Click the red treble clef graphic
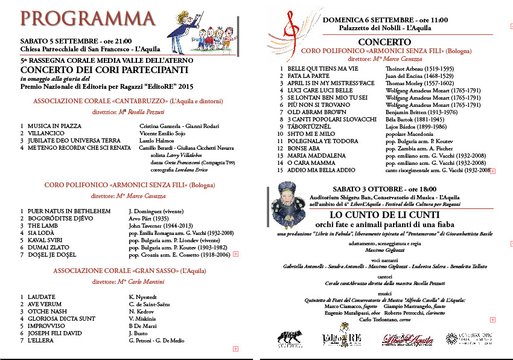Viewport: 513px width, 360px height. [x=294, y=30]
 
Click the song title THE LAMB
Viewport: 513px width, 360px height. [x=42, y=225]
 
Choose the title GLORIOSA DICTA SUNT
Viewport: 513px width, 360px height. [x=61, y=318]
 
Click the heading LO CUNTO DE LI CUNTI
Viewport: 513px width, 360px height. [x=380, y=214]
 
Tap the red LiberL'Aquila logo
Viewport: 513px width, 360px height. [x=407, y=340]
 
